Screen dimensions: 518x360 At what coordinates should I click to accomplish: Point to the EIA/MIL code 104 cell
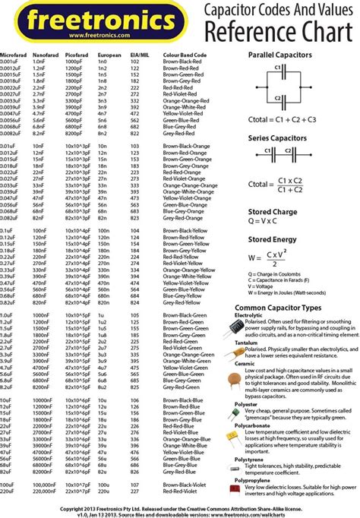click(135, 229)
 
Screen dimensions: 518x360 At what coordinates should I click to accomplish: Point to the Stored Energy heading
click(273, 240)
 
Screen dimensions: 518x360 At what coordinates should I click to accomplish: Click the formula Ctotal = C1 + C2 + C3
click(282, 119)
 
